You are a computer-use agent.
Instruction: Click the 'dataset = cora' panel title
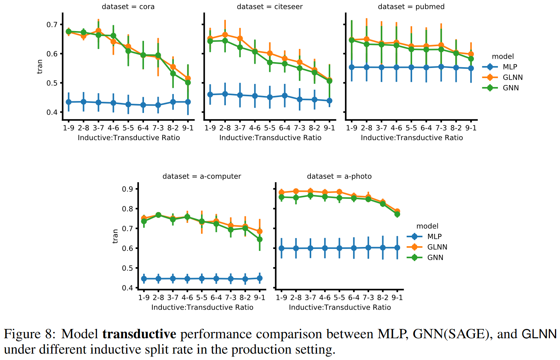click(x=128, y=7)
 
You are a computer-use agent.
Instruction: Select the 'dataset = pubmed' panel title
click(x=411, y=7)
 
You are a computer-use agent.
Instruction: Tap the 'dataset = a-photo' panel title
click(x=339, y=177)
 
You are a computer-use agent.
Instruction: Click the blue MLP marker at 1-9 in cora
click(x=69, y=102)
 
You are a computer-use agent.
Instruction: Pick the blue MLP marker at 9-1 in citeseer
click(x=329, y=101)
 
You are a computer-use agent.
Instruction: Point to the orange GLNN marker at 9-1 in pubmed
click(x=471, y=54)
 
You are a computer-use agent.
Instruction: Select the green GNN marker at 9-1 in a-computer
click(x=260, y=239)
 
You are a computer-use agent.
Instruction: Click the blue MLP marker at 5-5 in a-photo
click(x=339, y=248)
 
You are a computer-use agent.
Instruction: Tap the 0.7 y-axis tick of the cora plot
click(x=52, y=25)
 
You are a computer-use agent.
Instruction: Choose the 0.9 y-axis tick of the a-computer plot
click(x=128, y=189)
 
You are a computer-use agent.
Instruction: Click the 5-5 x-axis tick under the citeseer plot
click(x=270, y=128)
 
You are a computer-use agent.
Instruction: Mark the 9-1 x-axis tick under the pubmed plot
click(x=471, y=128)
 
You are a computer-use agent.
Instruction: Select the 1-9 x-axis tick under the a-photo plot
click(x=281, y=297)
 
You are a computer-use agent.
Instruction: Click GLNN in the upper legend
click(x=512, y=77)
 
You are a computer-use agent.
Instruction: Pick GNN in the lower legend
click(x=435, y=257)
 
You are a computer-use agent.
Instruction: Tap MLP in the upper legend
click(x=510, y=67)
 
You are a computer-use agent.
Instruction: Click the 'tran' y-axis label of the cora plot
click(x=40, y=67)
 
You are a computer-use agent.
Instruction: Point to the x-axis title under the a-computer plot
click(x=202, y=308)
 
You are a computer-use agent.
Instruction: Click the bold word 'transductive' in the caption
click(x=139, y=334)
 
